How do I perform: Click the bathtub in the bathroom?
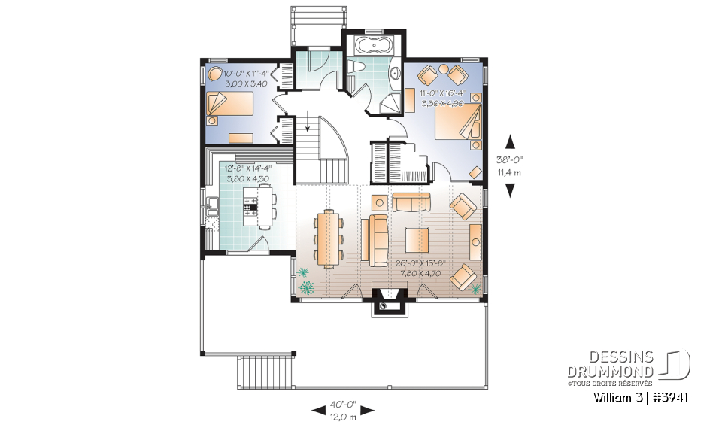pos(375,44)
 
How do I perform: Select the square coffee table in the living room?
pos(419,240)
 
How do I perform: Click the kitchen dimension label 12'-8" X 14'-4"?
pos(246,169)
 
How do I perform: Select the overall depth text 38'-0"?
pos(510,159)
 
